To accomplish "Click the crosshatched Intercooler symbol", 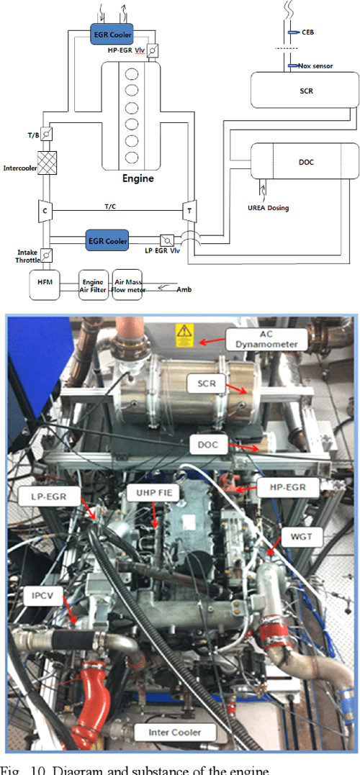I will (46, 166).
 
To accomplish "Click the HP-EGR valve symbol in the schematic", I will (153, 51).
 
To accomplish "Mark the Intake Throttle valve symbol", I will (46, 255).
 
